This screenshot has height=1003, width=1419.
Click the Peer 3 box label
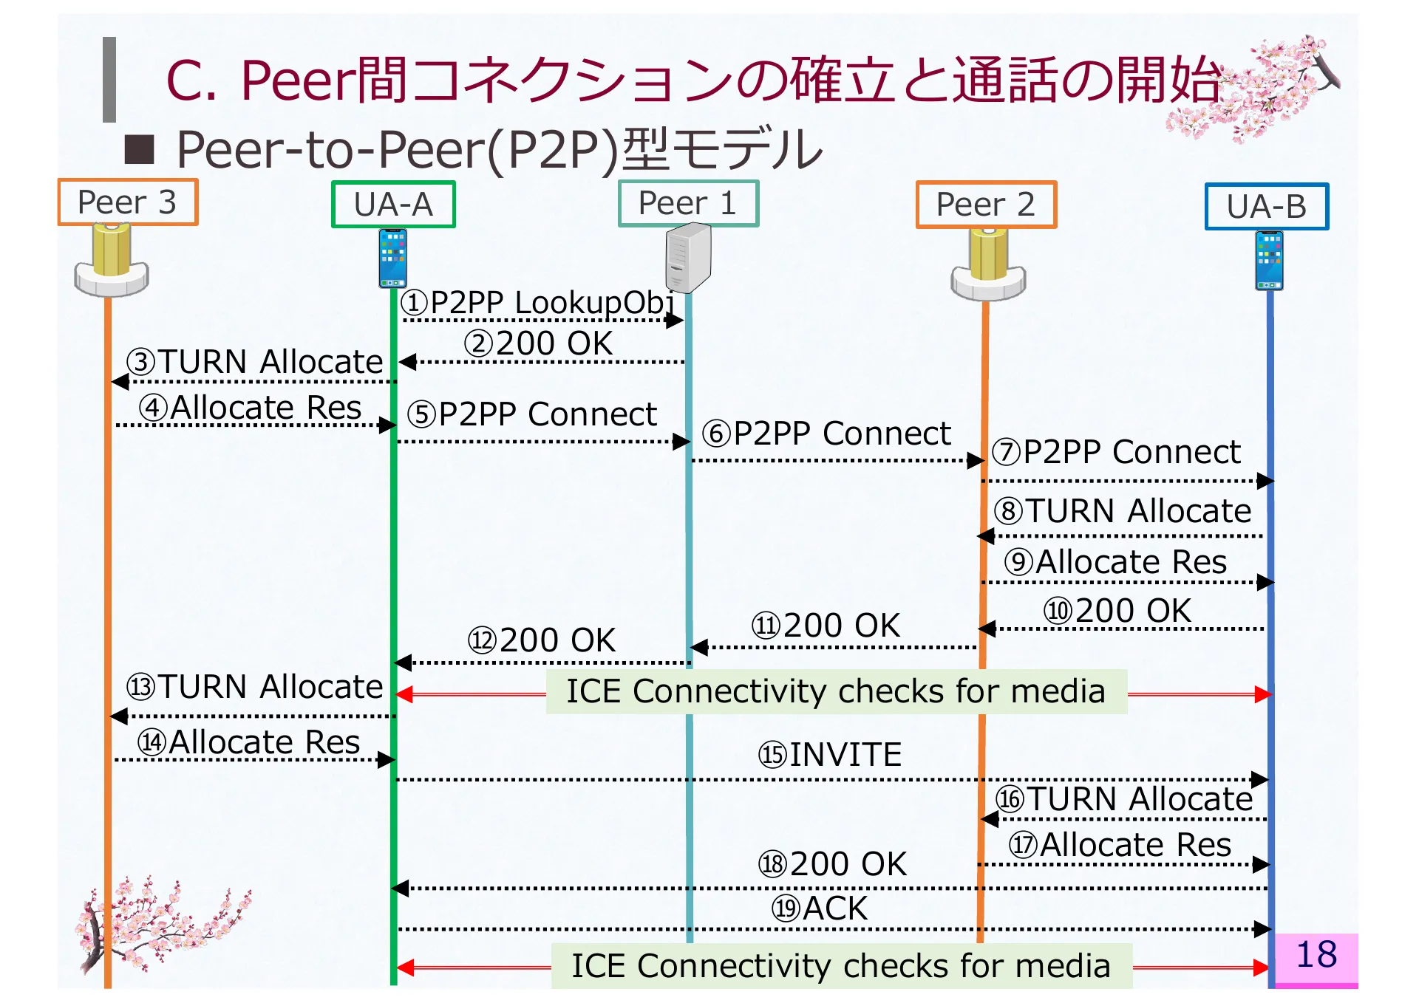(x=127, y=202)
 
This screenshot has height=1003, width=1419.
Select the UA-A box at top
(x=392, y=205)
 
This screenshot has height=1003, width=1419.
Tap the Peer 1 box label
(x=687, y=203)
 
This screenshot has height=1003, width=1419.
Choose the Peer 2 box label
(x=985, y=205)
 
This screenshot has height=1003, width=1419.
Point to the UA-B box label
(x=1266, y=207)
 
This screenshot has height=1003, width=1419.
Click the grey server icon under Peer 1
(x=687, y=259)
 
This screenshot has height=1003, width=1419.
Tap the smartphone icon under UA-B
(x=1269, y=260)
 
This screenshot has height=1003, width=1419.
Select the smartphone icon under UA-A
(x=392, y=258)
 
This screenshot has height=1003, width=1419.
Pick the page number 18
(x=1316, y=955)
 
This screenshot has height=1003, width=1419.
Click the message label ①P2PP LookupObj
(x=537, y=303)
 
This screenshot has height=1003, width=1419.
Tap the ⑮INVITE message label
(x=829, y=755)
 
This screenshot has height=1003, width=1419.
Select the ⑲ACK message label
(x=819, y=908)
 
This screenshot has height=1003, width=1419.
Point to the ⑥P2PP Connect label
(x=826, y=434)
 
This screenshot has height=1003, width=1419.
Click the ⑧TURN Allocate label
(x=1122, y=511)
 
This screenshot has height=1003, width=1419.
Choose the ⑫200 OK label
(x=541, y=640)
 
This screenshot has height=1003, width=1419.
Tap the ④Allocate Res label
(x=250, y=408)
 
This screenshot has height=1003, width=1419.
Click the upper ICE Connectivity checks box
(x=836, y=692)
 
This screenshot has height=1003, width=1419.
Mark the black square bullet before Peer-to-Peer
(x=140, y=149)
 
